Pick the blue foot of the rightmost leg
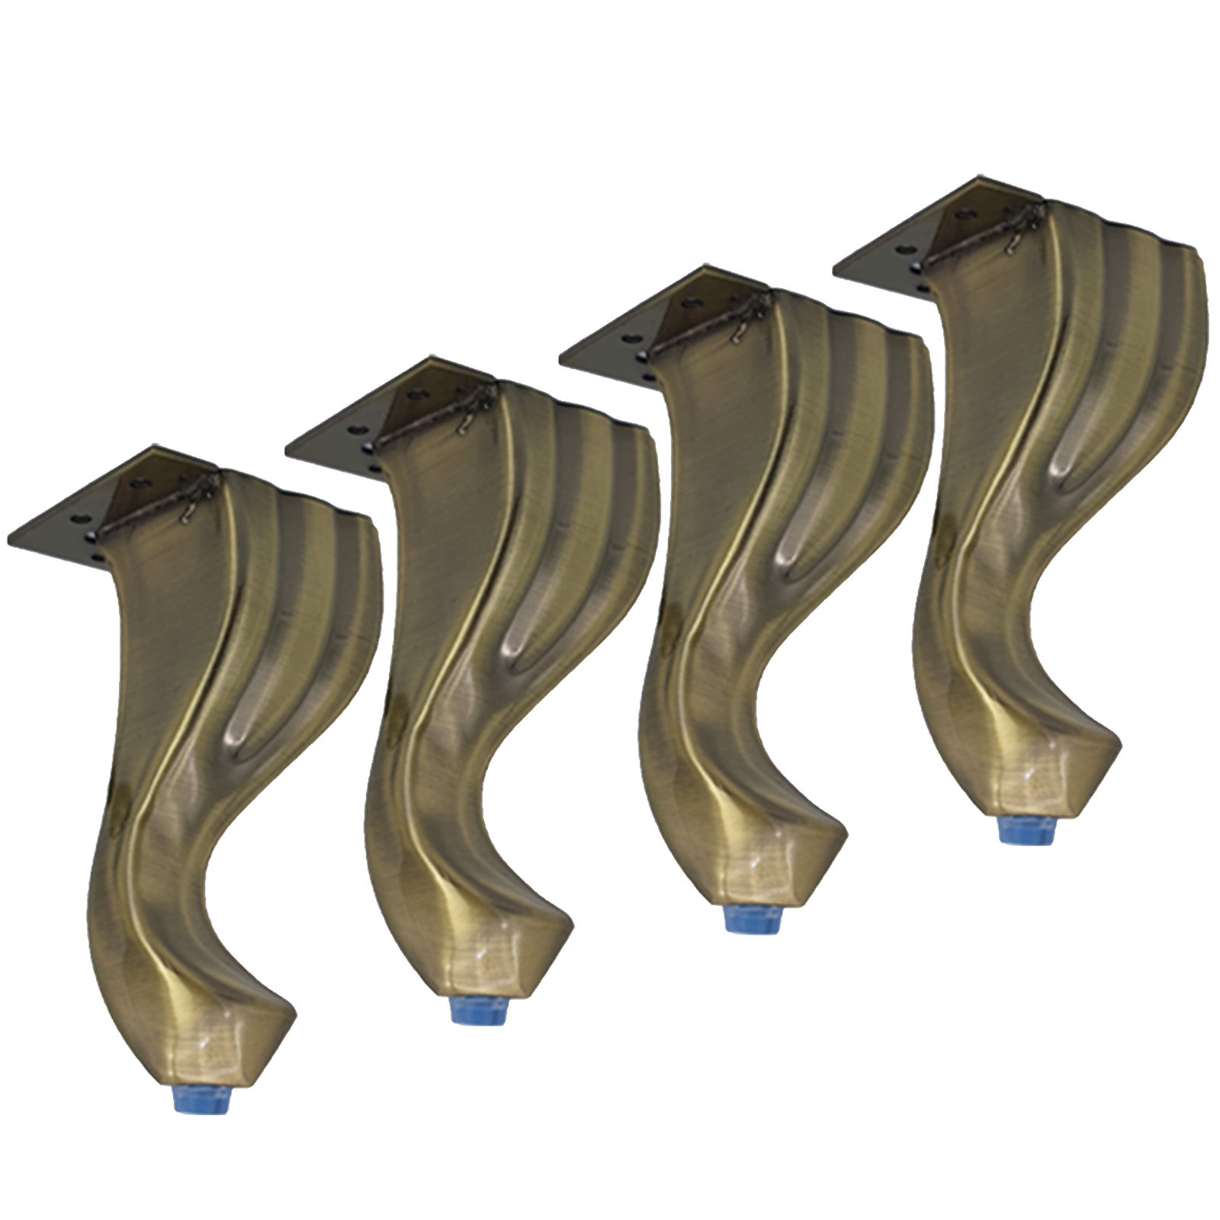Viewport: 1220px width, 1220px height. pos(1024,830)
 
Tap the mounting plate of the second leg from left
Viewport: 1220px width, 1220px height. pos(343,427)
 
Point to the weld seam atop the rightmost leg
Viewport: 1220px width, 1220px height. pos(984,236)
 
